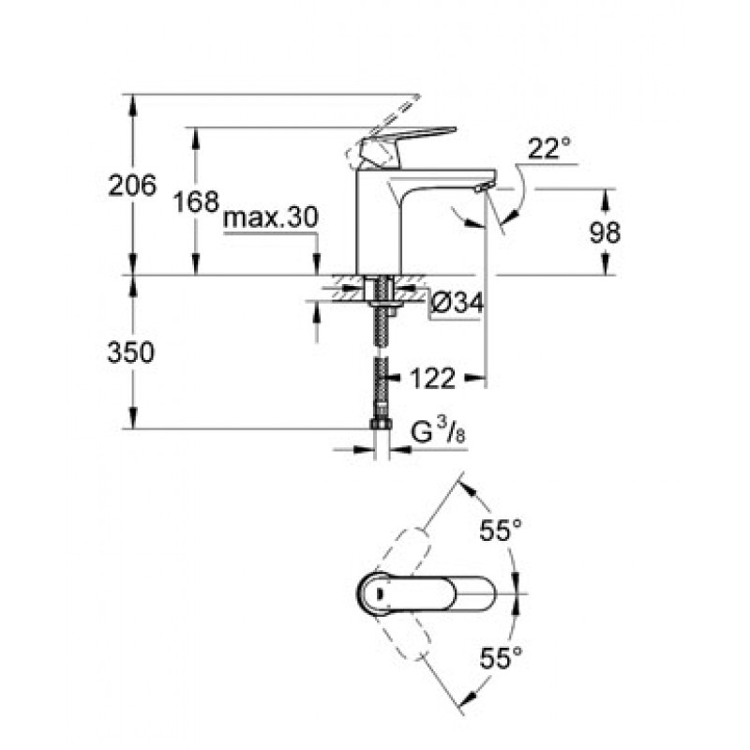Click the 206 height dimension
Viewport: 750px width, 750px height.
point(132,185)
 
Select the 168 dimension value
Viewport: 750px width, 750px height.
point(196,202)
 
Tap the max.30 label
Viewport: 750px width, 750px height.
point(270,217)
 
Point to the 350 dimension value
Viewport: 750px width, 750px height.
point(131,352)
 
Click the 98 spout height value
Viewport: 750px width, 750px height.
point(605,232)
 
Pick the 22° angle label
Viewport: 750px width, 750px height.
point(549,148)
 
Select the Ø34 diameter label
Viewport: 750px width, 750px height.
point(457,302)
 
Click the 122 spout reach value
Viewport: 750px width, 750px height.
point(432,379)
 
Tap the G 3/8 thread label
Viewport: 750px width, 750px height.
point(438,432)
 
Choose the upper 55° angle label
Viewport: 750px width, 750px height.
point(501,530)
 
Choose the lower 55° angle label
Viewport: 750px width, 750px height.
point(501,658)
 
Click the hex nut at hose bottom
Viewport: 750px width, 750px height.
point(382,424)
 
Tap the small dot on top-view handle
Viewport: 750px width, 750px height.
point(380,593)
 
